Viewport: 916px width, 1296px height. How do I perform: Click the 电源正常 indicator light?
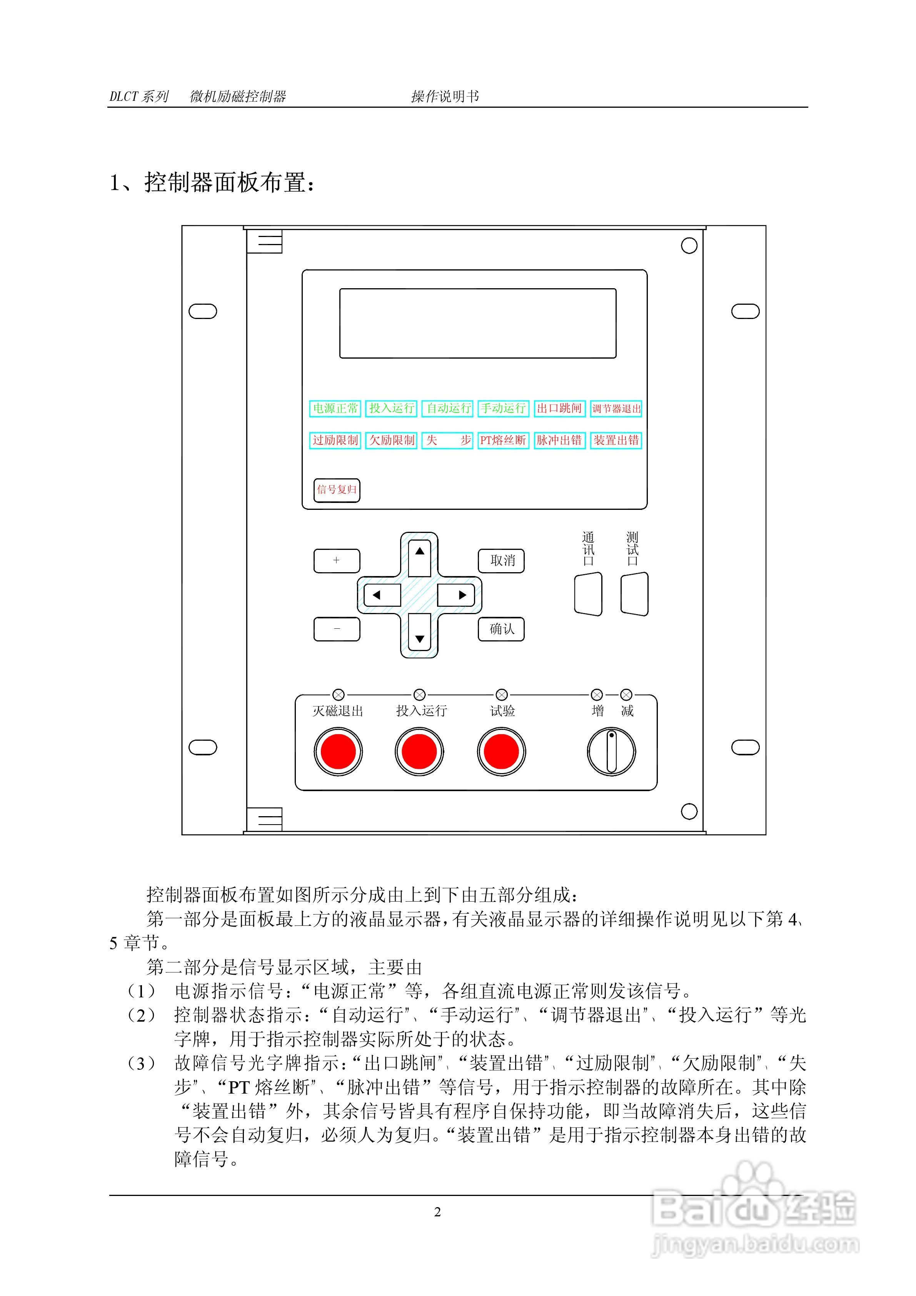(335, 408)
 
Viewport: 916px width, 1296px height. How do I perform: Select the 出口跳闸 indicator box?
(559, 408)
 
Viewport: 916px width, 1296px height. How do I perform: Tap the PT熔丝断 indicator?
(503, 440)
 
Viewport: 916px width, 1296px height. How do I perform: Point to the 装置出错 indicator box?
(616, 440)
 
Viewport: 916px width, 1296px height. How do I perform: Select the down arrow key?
(419, 638)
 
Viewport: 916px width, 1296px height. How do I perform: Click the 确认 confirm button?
(501, 629)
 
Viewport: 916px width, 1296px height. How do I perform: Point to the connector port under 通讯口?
(588, 594)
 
